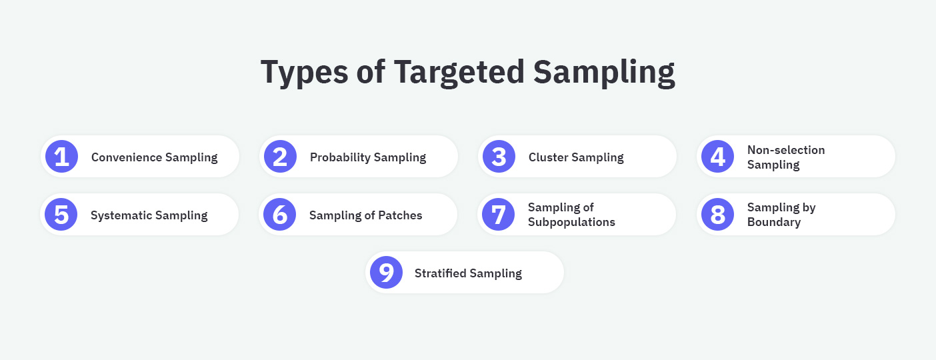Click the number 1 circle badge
61,157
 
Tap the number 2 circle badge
280,157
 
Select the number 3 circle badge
499,157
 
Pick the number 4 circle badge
717,157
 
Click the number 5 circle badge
61,215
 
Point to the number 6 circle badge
280,215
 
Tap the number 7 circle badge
499,215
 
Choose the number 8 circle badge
717,215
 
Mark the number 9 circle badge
387,273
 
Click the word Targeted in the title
459,71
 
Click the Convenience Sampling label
154,157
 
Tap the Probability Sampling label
367,157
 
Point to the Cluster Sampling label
576,157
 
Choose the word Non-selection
786,150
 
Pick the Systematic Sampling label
149,215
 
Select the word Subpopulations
571,222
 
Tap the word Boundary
774,222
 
